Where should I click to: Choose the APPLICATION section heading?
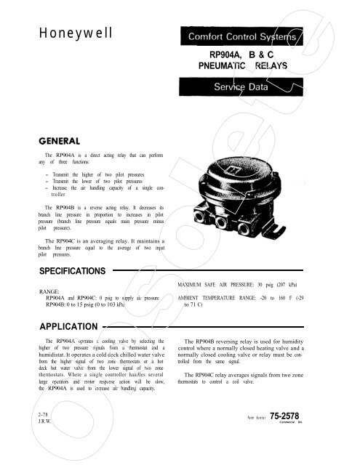57,325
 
